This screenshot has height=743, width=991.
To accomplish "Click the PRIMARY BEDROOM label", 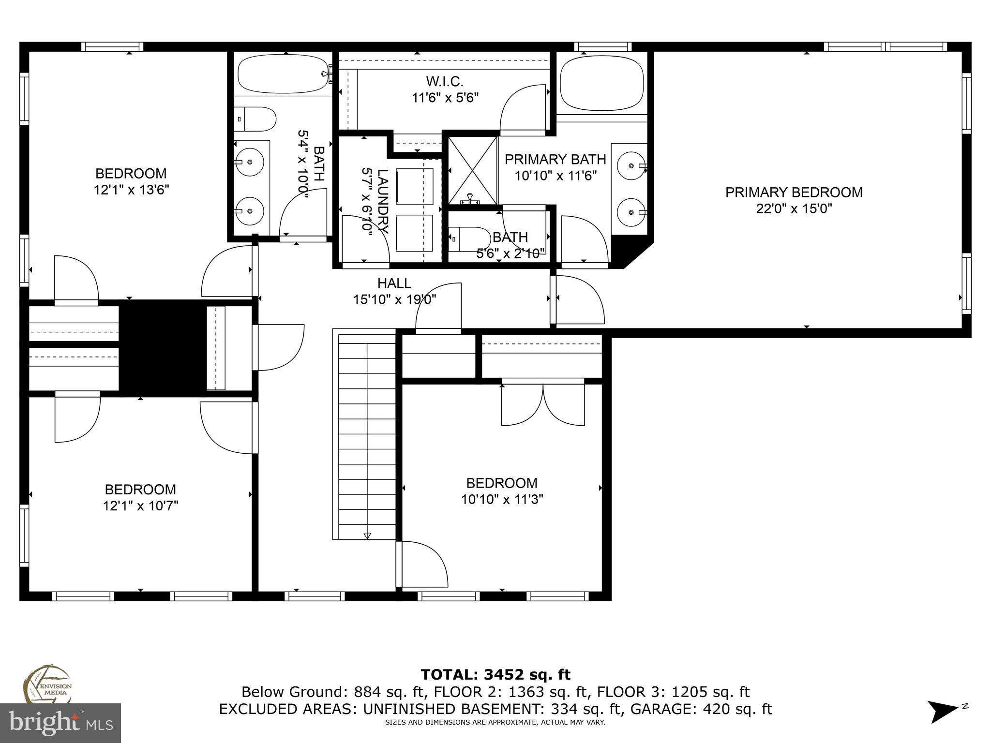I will pyautogui.click(x=794, y=193).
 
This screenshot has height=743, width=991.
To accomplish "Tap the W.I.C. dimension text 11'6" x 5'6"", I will pyautogui.click(x=445, y=98).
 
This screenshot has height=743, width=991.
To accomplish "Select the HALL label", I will pyautogui.click(x=394, y=283).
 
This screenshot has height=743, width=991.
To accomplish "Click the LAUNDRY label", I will pyautogui.click(x=383, y=201).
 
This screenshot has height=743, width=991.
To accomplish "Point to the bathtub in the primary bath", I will pyautogui.click(x=601, y=83).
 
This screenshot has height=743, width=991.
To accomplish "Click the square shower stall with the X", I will pyautogui.click(x=473, y=170).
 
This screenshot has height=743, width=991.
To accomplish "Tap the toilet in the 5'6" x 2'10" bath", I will pyautogui.click(x=468, y=238).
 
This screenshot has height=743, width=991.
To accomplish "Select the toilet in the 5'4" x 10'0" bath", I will pyautogui.click(x=255, y=119).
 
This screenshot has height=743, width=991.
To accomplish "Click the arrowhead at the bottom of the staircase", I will pyautogui.click(x=367, y=535).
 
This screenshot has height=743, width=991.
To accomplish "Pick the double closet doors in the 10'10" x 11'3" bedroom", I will pyautogui.click(x=543, y=405).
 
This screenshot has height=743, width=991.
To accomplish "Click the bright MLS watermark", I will pyautogui.click(x=60, y=723).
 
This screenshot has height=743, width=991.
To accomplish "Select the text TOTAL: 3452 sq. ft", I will pyautogui.click(x=495, y=674).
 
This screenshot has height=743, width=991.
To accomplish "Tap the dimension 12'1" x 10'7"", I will pyautogui.click(x=140, y=506).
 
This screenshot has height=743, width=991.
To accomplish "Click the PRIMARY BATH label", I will pyautogui.click(x=555, y=160).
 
